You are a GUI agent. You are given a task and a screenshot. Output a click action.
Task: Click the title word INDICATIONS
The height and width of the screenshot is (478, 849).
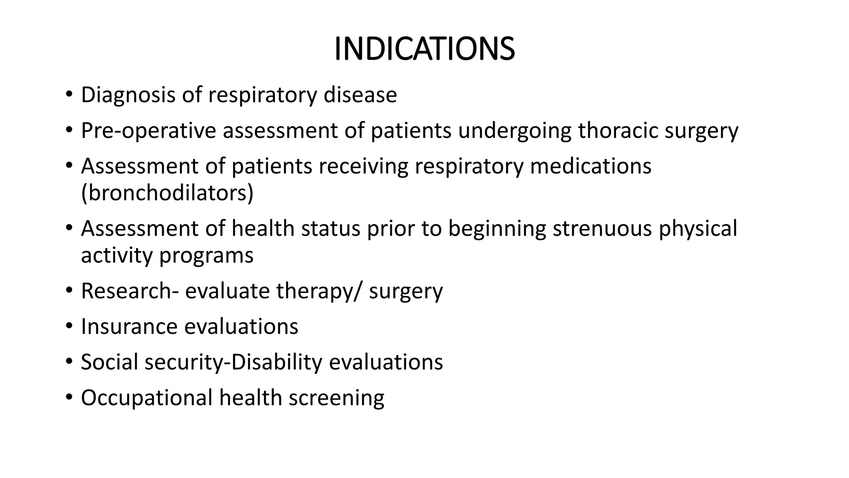424,49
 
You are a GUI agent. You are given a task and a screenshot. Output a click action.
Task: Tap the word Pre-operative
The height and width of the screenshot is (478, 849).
148,131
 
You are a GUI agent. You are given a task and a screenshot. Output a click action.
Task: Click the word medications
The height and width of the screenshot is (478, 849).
590,166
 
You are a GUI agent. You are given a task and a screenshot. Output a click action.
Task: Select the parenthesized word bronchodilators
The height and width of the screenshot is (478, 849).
167,193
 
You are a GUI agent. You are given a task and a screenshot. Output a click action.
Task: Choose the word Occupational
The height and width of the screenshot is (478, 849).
146,398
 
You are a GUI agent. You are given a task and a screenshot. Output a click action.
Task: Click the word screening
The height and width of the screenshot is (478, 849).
336,398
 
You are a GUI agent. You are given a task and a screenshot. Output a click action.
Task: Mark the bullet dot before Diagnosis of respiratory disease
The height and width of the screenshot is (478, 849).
69,95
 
